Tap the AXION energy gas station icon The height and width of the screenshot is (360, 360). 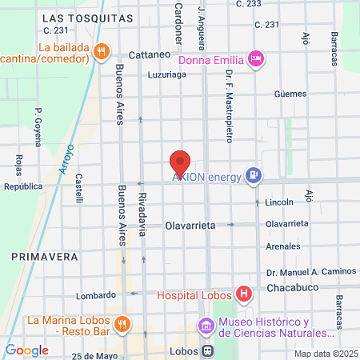coord(254,176)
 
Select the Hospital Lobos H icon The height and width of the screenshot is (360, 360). coord(244,295)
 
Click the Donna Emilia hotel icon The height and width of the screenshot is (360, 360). coord(256,58)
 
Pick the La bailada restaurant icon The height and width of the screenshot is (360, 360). coord(101,52)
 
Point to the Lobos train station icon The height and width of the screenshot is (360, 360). coord(207,350)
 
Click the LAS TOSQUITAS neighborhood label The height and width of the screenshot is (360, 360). coord(87,17)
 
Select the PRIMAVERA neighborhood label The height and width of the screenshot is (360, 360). coord(44,257)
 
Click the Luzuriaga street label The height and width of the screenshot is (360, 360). coord(166,76)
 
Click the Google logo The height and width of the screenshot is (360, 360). coord(26,350)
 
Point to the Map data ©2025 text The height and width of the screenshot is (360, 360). coord(325,353)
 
